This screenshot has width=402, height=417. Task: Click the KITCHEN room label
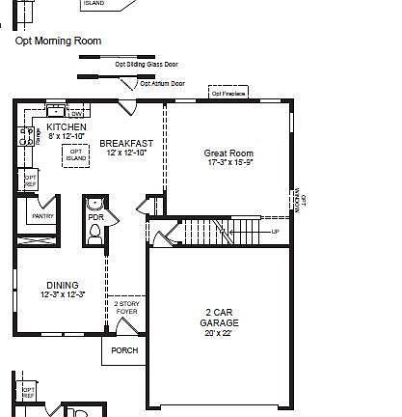pyautogui.click(x=67, y=127)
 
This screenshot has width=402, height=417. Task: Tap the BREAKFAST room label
pyautogui.click(x=126, y=143)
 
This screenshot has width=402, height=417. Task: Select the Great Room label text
pyautogui.click(x=228, y=153)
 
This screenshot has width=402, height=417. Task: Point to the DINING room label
pyautogui.click(x=63, y=285)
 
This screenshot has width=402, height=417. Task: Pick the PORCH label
pyautogui.click(x=124, y=350)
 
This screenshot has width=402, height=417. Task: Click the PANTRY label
pyautogui.click(x=42, y=216)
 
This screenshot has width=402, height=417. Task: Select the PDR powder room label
pyautogui.click(x=95, y=218)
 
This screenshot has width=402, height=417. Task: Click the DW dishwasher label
pyautogui.click(x=76, y=114)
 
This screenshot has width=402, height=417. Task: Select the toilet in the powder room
pyautogui.click(x=94, y=236)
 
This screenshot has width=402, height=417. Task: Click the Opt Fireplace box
pyautogui.click(x=228, y=94)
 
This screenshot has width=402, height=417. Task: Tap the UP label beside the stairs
pyautogui.click(x=276, y=232)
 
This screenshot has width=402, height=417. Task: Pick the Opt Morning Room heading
pyautogui.click(x=58, y=42)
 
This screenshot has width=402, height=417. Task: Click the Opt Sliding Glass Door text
pyautogui.click(x=147, y=65)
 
